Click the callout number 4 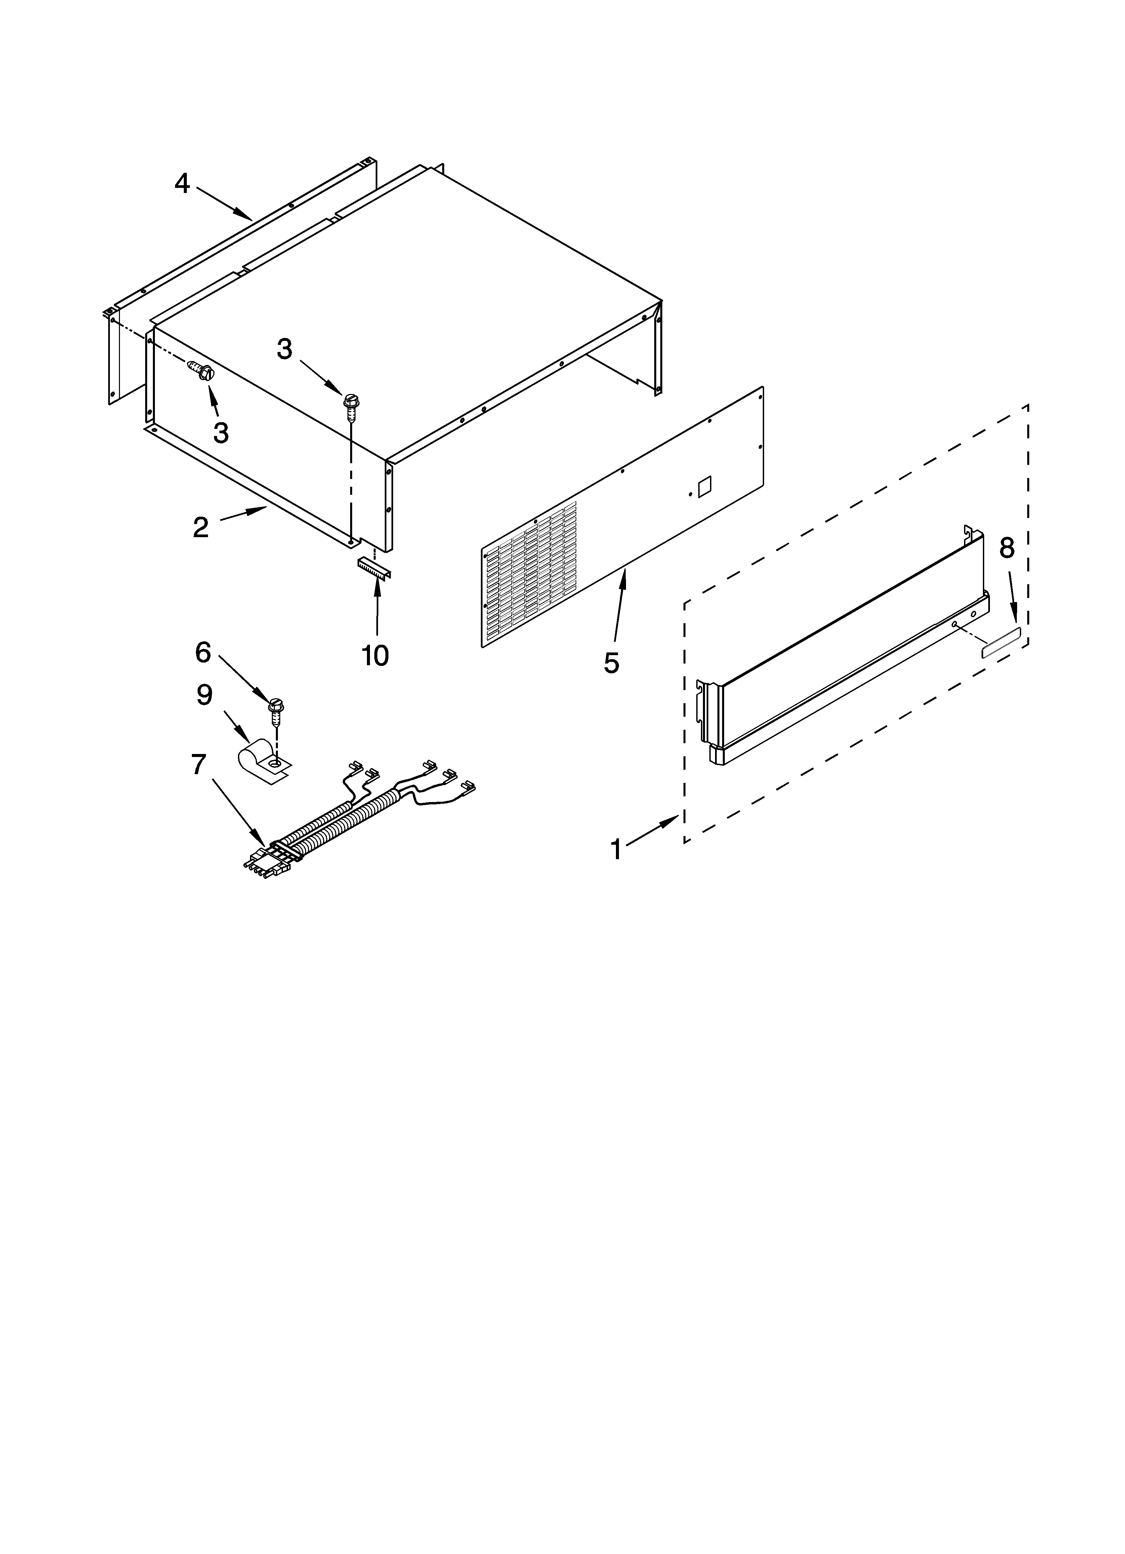[181, 184]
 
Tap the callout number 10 [375, 656]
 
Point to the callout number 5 [611, 663]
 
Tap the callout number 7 [198, 764]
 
